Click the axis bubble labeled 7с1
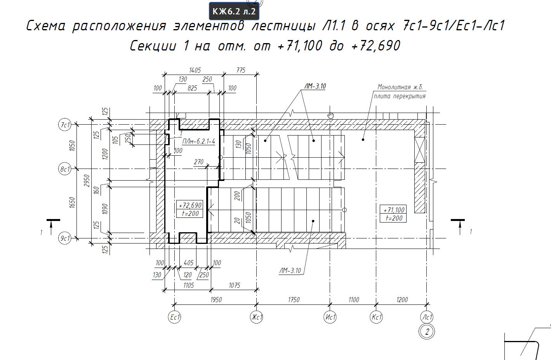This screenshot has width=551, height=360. click(65, 125)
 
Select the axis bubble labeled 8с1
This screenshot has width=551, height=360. click(65, 169)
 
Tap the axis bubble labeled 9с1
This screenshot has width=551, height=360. click(65, 238)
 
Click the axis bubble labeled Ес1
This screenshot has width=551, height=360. click(175, 317)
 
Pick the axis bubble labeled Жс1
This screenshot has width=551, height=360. click(256, 317)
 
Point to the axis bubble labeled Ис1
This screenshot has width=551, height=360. click(330, 317)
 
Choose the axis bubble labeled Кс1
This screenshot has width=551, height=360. click(376, 317)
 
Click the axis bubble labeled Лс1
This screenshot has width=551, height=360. click(427, 317)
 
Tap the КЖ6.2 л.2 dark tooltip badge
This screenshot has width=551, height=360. click(234, 11)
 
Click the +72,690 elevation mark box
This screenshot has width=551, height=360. click(190, 209)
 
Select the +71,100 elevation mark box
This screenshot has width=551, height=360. click(393, 214)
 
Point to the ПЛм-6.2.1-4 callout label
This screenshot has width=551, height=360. click(198, 141)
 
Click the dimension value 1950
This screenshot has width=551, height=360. click(216, 299)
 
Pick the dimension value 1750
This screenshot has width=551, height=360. click(294, 299)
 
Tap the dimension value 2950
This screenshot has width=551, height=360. click(87, 181)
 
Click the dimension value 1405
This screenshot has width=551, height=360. click(195, 70)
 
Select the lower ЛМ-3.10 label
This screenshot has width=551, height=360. click(290, 271)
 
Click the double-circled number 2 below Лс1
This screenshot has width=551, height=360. click(427, 331)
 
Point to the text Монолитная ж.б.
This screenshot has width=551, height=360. click(400, 87)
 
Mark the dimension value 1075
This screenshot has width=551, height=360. click(234, 285)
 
